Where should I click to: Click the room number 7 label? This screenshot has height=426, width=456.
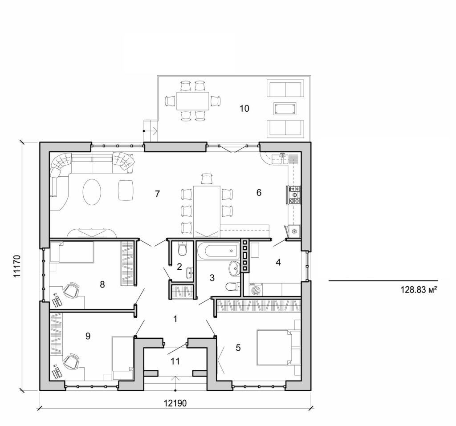157,193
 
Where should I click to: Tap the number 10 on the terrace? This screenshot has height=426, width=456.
244,108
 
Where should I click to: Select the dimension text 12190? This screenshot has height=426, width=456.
175,403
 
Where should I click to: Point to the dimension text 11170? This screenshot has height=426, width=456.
17,266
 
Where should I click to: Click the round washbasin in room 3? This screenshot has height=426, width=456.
234,268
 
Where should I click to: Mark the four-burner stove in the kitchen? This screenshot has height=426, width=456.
294,195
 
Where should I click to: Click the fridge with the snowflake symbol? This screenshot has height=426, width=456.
294,231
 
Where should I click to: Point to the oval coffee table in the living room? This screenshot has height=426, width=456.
92,192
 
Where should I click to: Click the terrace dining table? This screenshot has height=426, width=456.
192,101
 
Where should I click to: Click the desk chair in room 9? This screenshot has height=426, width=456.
71,361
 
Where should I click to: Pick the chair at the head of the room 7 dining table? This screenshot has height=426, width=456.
207,179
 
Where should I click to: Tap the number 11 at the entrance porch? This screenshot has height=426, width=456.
175,361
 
